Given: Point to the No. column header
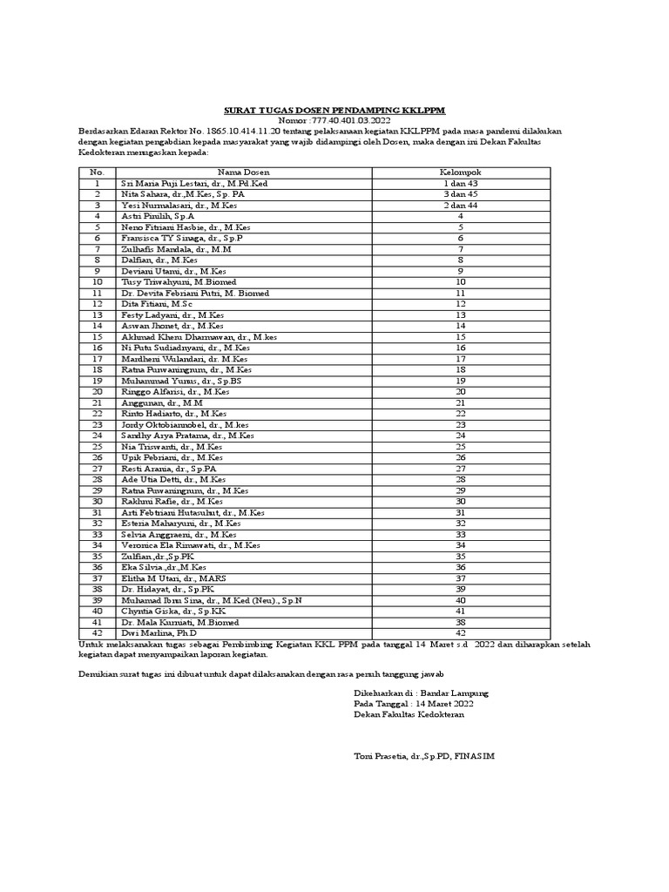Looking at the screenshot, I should [x=98, y=172].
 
